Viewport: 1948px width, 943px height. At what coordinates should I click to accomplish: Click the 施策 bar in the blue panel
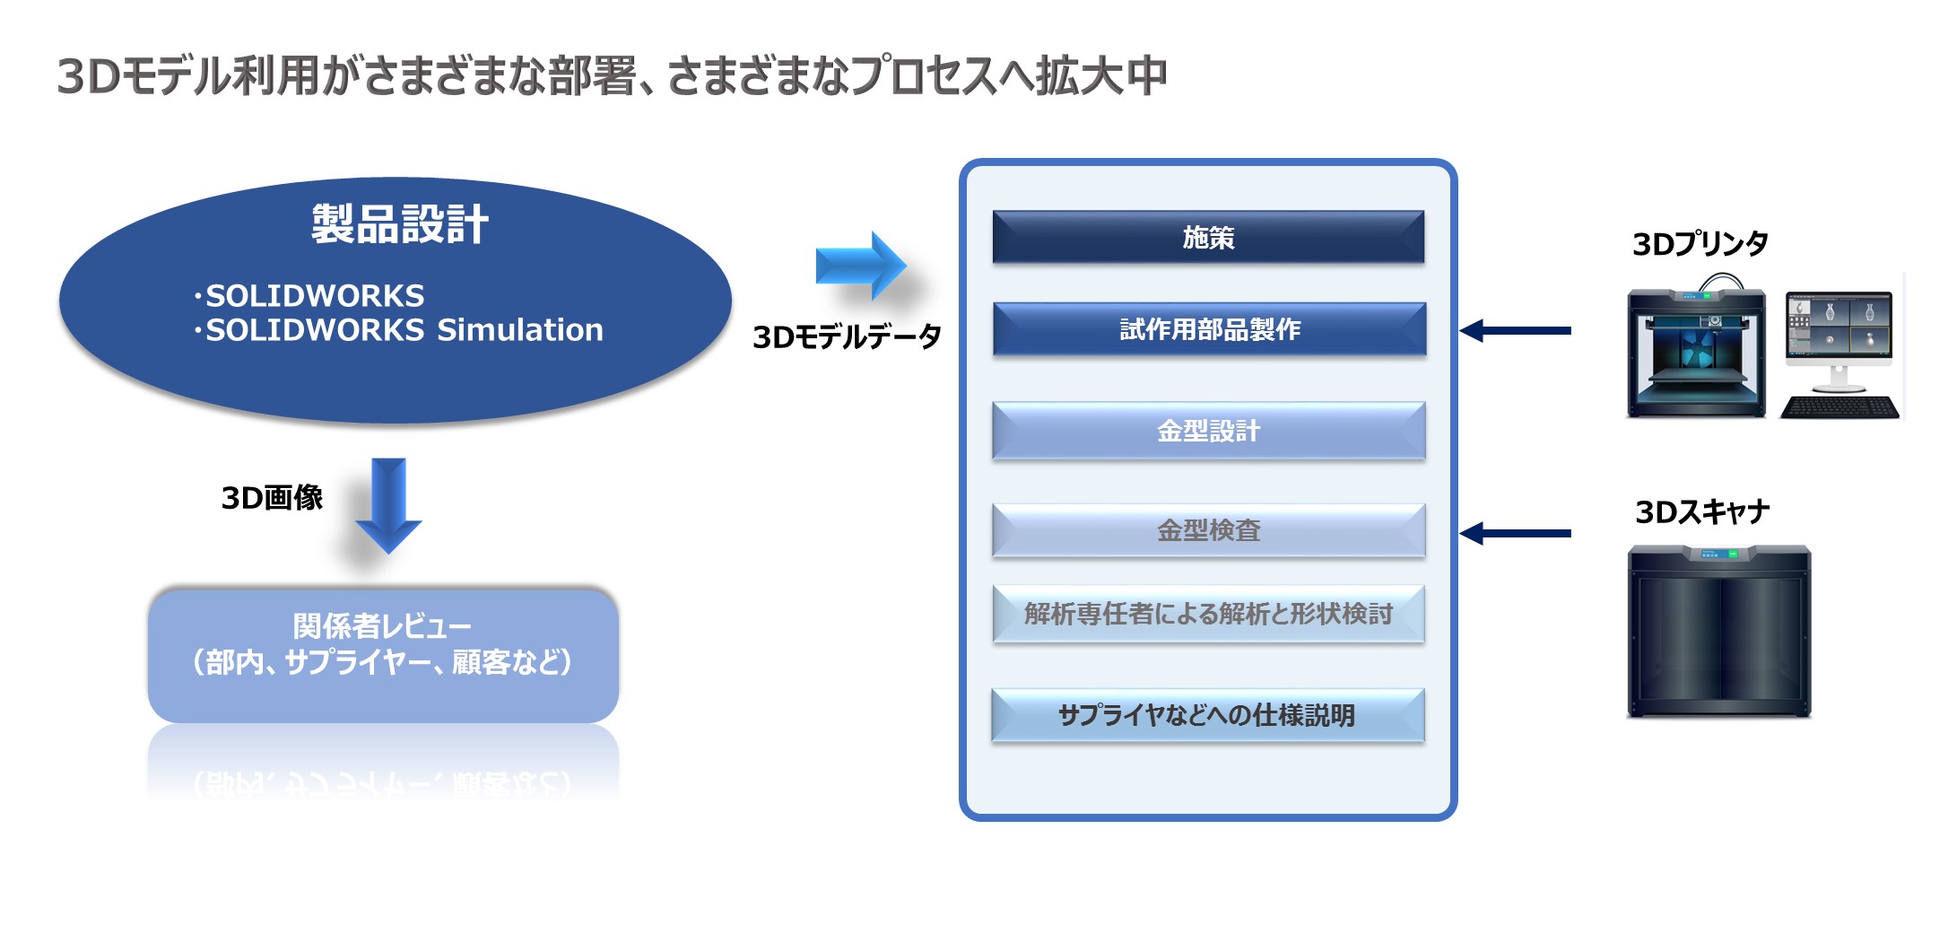pos(1208,238)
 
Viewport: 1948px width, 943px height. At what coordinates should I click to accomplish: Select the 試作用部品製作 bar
pos(1209,329)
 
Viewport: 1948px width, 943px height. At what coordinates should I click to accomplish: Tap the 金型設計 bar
pos(1208,431)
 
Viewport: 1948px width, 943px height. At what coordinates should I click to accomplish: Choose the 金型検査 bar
pos(1208,530)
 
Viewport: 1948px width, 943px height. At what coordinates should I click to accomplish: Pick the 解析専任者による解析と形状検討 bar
pos(1208,614)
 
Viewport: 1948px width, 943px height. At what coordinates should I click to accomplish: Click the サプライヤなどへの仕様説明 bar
pos(1207,715)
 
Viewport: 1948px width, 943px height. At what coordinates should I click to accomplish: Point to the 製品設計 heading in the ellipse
pos(400,224)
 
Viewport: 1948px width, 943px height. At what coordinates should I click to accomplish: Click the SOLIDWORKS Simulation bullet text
pos(404,330)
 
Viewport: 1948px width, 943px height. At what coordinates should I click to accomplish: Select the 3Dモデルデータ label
pos(847,337)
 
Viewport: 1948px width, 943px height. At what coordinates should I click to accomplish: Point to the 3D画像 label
pos(272,498)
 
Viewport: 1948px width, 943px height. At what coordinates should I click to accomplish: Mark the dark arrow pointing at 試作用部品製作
pos(1515,331)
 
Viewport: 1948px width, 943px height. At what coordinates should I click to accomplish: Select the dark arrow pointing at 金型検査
pos(1515,534)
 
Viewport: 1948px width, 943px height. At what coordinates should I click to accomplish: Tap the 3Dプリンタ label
pos(1700,244)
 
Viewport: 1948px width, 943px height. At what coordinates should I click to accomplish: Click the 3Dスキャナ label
pos(1701,512)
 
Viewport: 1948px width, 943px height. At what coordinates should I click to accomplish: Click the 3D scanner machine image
pos(1718,632)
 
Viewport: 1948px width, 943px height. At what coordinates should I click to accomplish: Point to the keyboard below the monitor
pos(1839,408)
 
